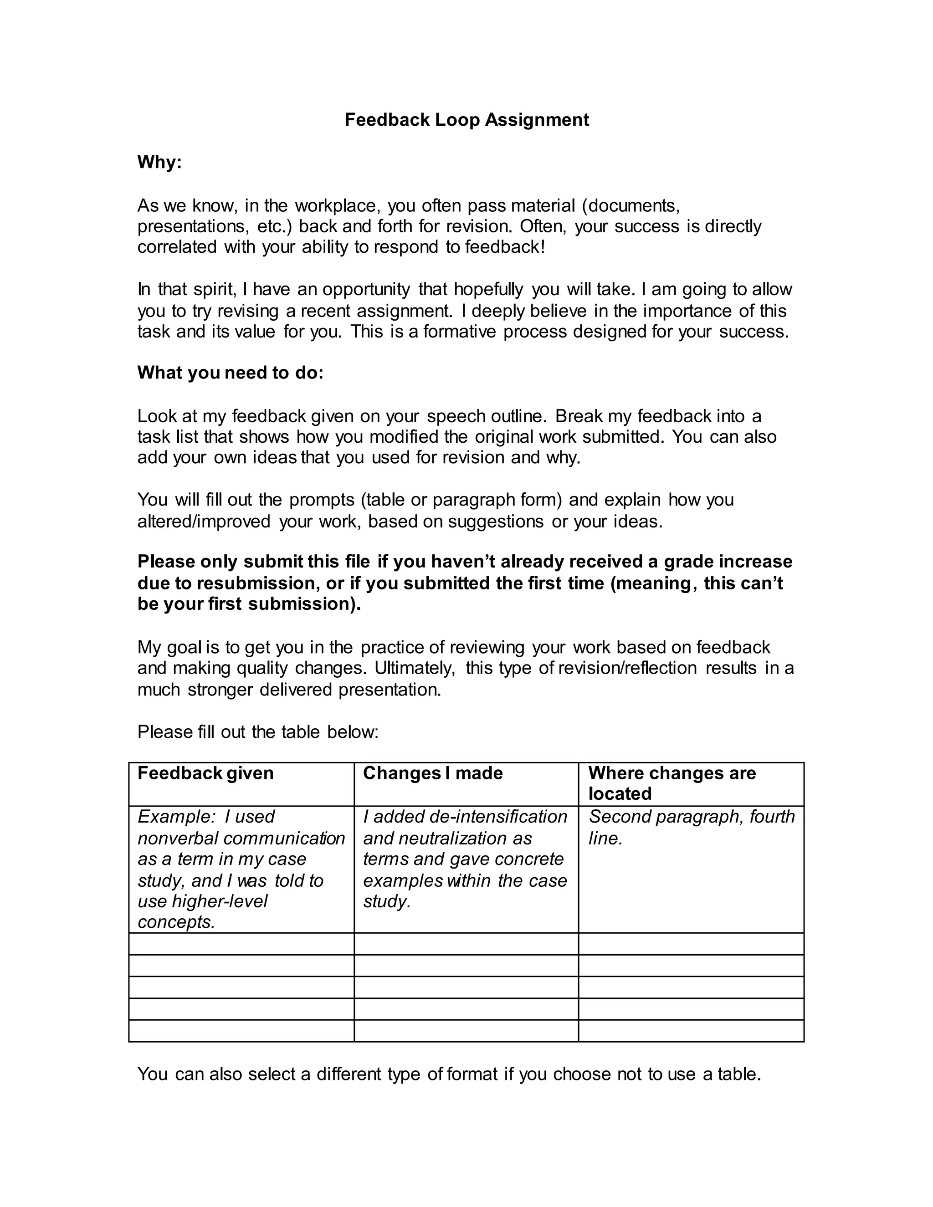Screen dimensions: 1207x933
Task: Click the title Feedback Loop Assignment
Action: point(466,120)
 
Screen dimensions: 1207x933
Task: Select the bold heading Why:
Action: point(159,163)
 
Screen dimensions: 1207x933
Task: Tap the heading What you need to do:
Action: point(230,373)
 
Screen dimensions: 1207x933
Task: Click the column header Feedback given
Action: point(205,773)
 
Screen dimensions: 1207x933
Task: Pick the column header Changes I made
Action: point(432,773)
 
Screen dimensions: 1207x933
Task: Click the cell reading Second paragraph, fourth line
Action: point(691,827)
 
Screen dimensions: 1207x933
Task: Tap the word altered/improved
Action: point(204,521)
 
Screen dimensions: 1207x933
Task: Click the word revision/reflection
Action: point(627,668)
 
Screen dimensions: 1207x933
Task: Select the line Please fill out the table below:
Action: point(257,732)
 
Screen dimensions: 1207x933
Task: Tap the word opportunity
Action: point(366,290)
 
